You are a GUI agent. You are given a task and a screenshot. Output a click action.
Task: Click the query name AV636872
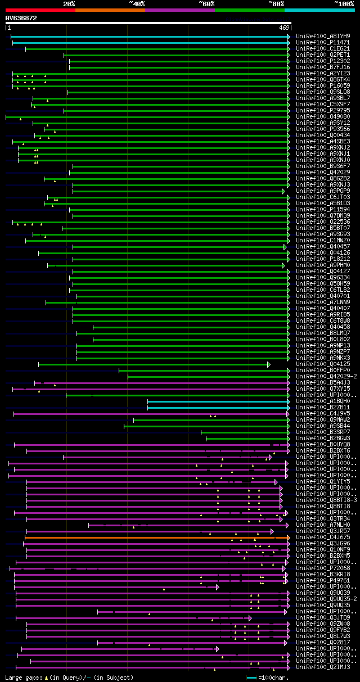[21, 18]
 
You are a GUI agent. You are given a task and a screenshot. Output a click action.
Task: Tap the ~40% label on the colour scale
[137, 3]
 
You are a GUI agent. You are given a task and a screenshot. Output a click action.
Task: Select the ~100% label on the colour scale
[344, 3]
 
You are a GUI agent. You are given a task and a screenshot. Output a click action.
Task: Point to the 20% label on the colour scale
[69, 3]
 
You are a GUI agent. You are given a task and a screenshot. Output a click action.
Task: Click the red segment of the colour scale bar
[39, 10]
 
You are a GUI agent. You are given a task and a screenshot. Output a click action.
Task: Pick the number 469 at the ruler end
[283, 28]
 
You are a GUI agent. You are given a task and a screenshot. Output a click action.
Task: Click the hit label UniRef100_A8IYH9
[323, 37]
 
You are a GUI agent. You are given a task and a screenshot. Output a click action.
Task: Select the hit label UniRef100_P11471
[323, 43]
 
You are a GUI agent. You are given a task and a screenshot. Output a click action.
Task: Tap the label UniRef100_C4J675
[323, 538]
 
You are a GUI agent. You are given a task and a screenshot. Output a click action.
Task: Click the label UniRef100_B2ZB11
[323, 408]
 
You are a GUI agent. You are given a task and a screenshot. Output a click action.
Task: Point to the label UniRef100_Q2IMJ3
[323, 667]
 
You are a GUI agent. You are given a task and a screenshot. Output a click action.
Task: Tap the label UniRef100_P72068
[323, 568]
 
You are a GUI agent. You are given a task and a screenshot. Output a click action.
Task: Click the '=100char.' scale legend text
[274, 678]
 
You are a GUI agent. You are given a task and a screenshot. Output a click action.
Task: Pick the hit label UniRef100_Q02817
[323, 643]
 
